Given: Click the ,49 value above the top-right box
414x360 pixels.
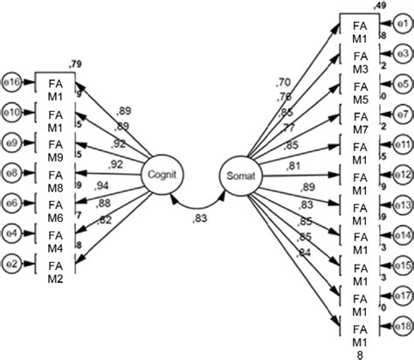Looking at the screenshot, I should tap(380, 6).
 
